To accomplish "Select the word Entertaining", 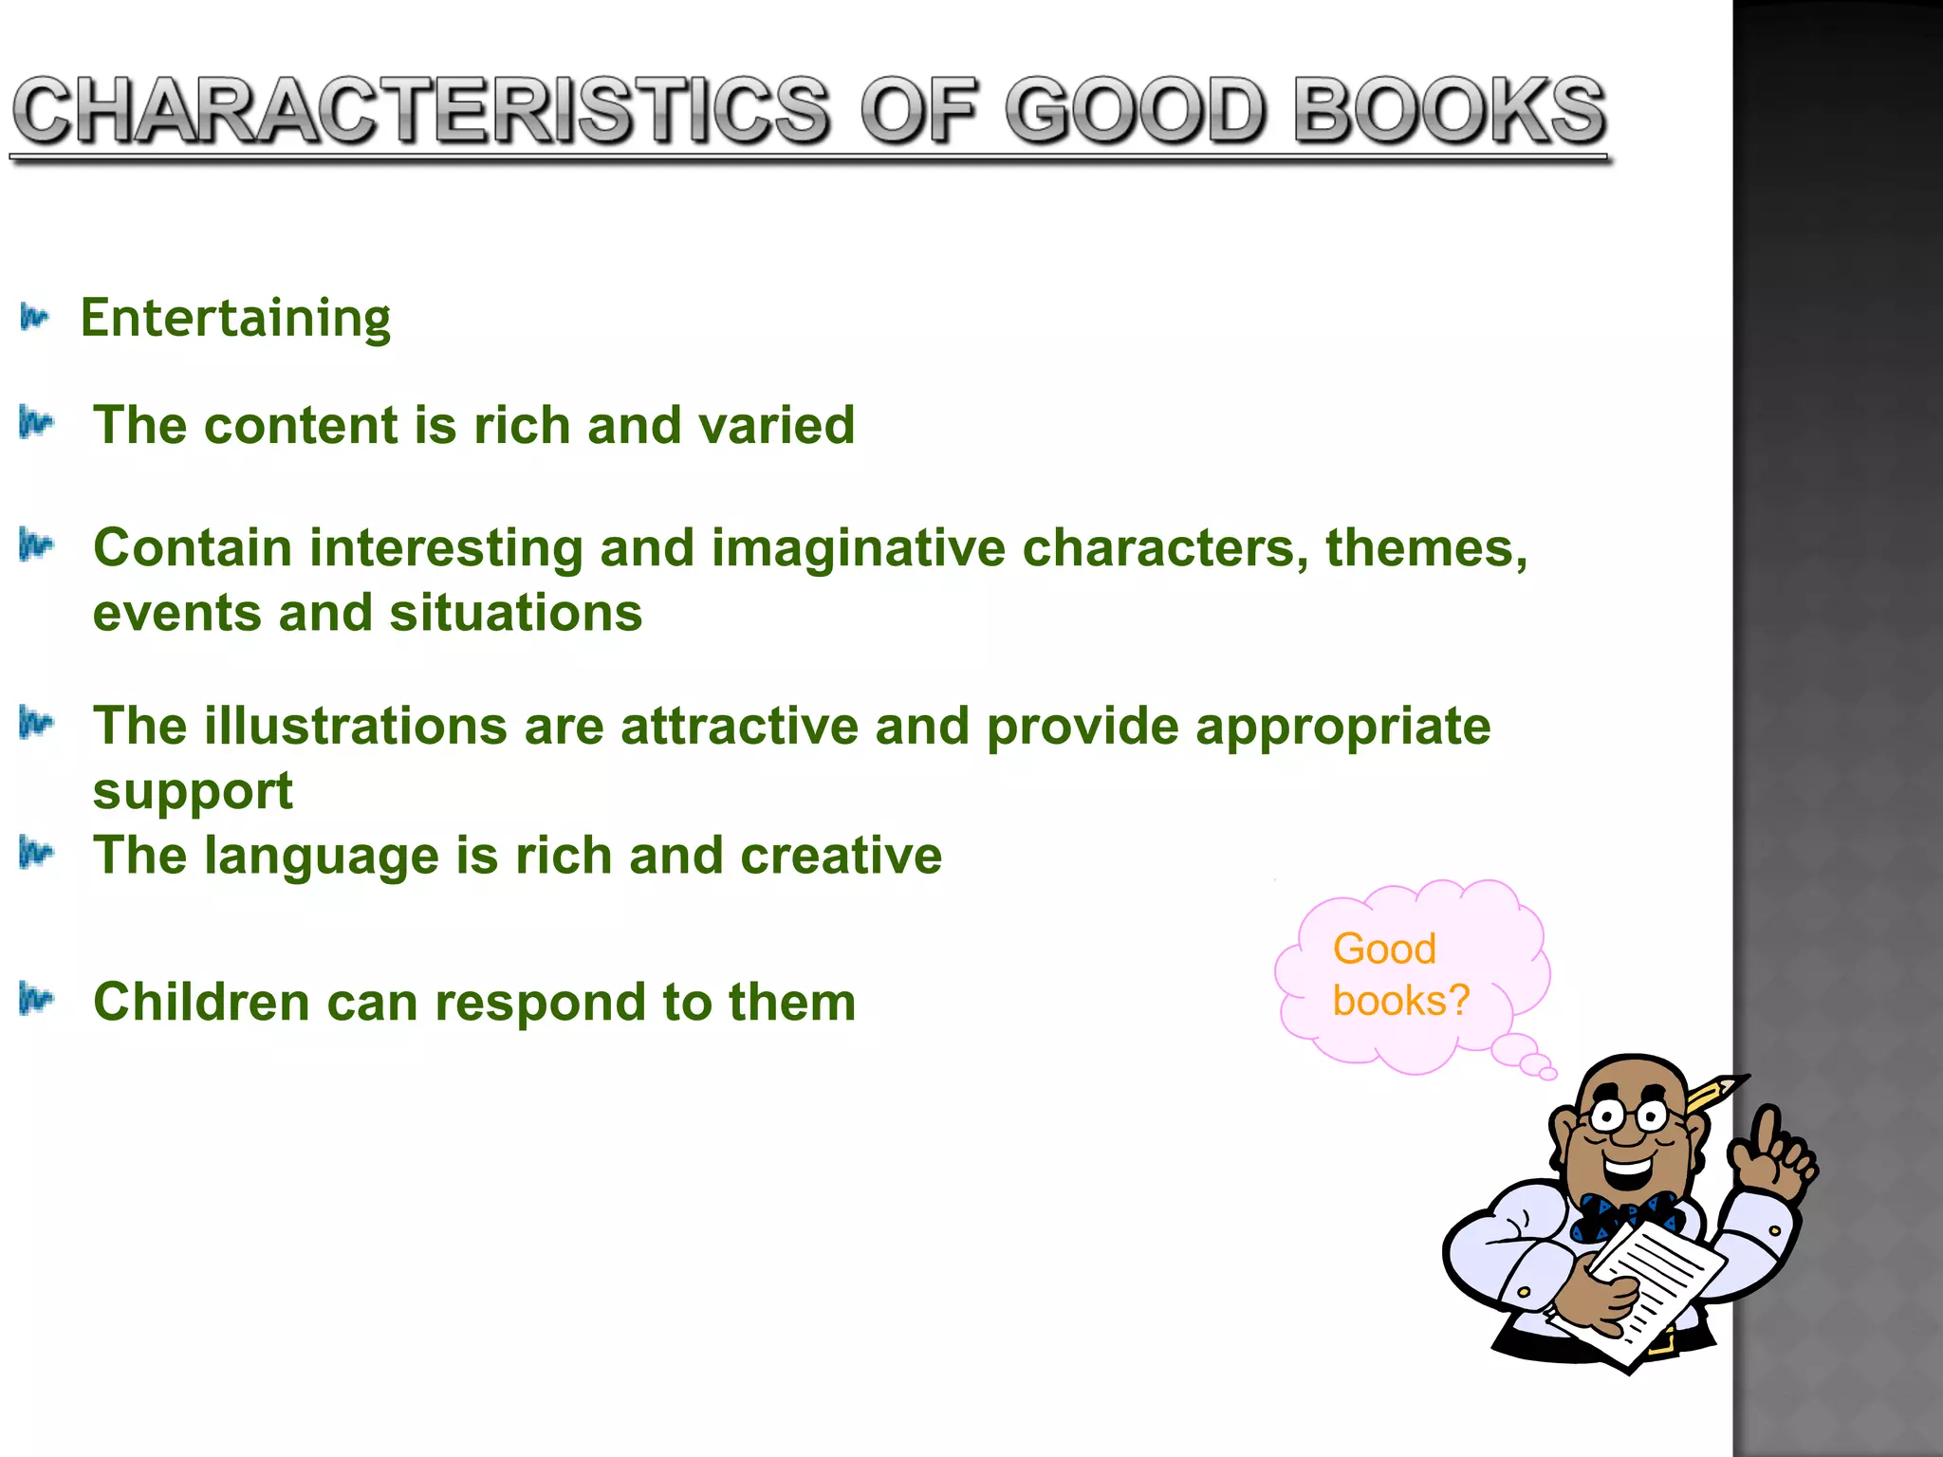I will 234,319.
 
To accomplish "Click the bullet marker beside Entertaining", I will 34,318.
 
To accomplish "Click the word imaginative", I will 858,550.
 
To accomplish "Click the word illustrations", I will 356,727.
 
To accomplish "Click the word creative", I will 841,856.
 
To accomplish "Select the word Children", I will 201,1003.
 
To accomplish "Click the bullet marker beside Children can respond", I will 36,1000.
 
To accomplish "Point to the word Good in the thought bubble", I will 1383,949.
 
